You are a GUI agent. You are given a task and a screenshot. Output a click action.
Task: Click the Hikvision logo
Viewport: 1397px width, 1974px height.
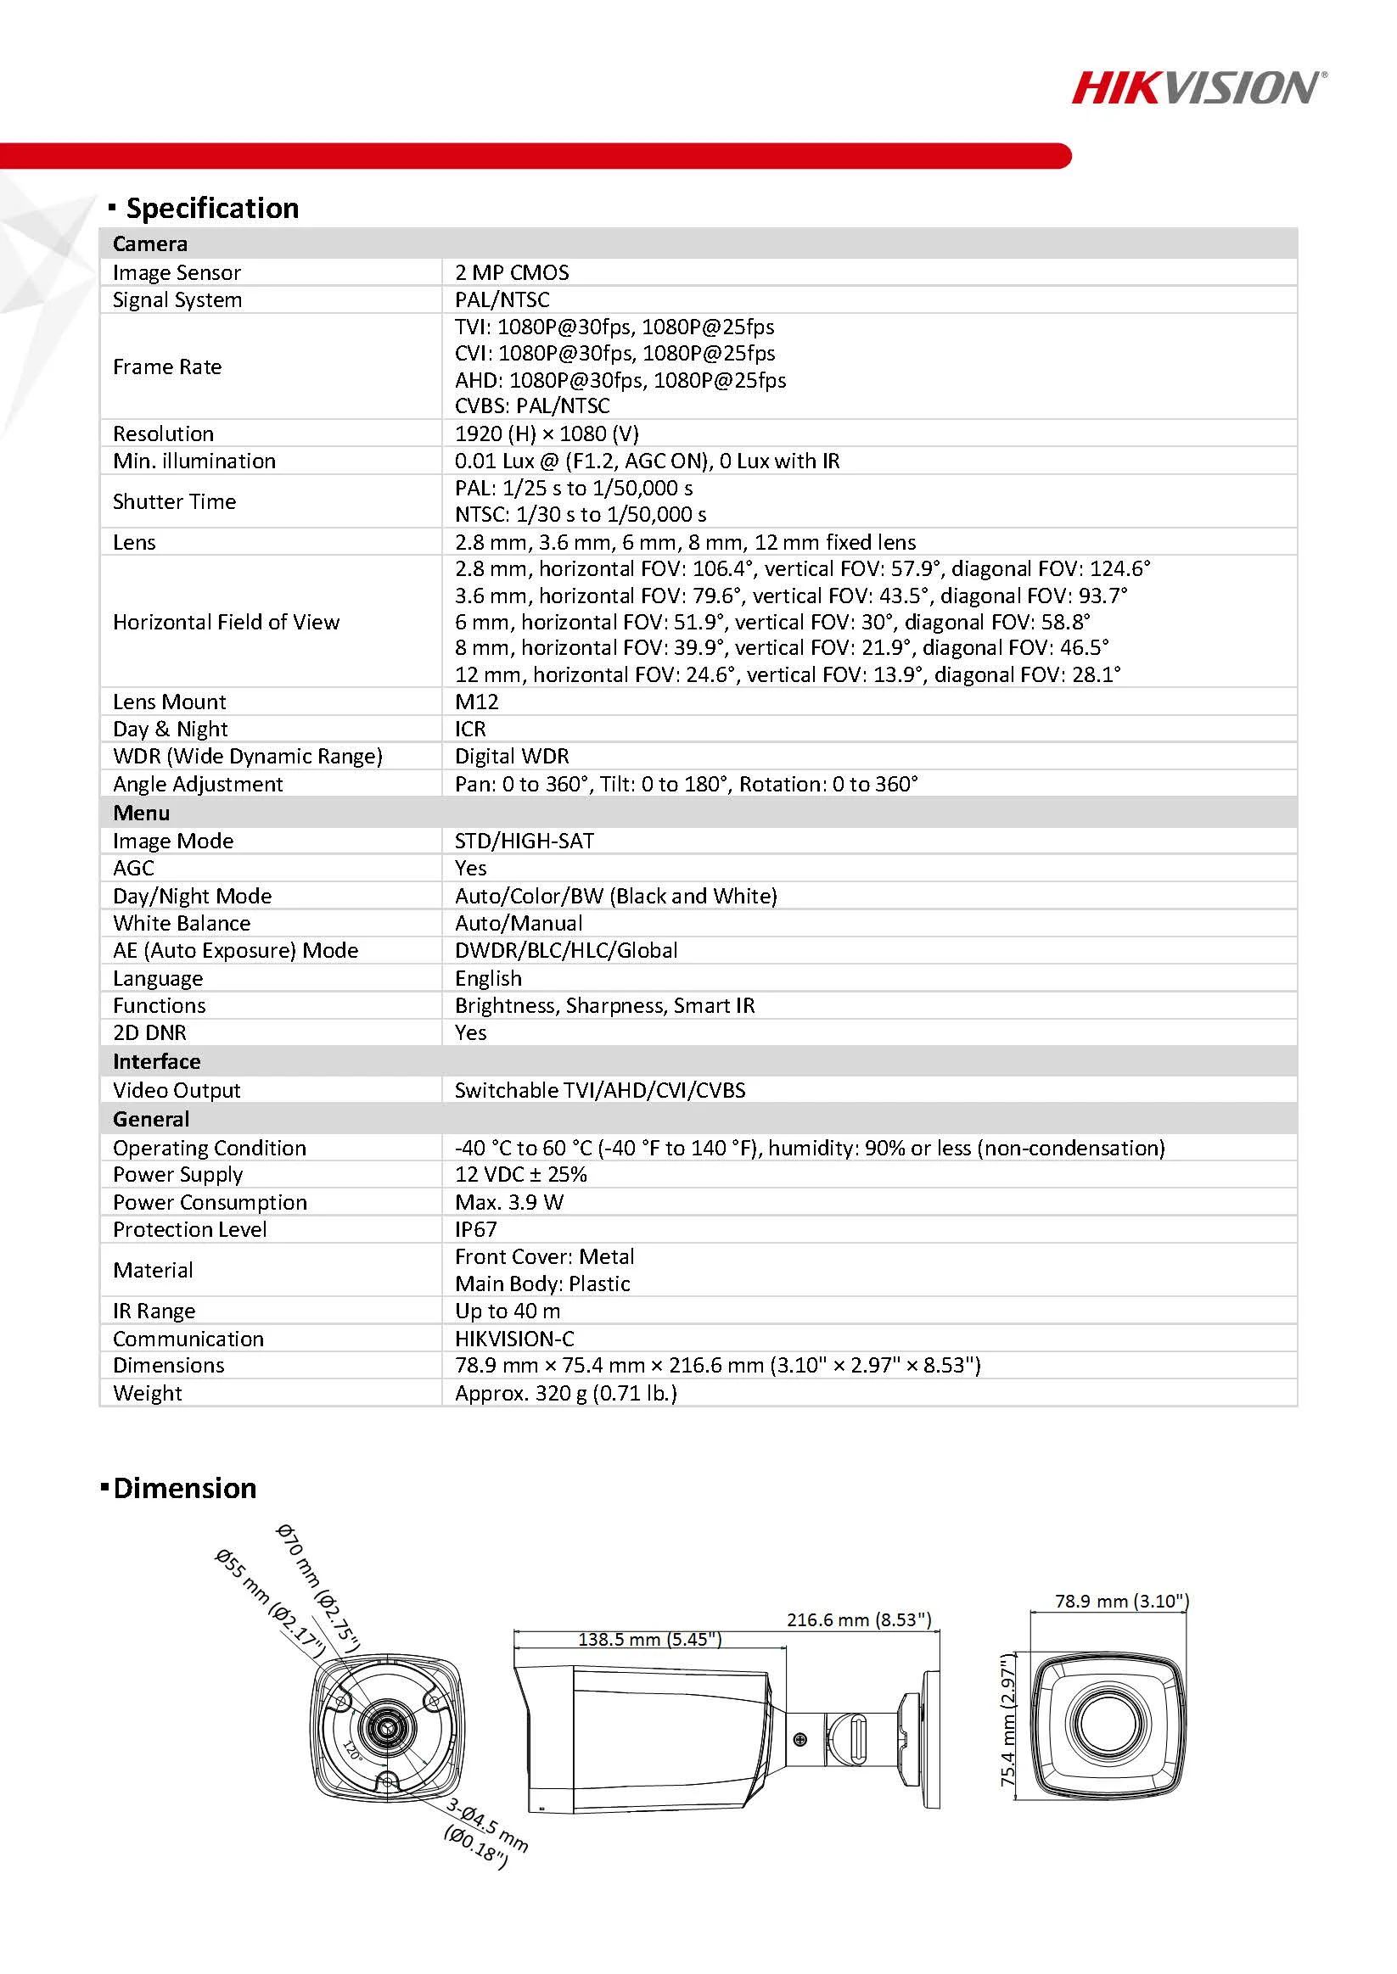(x=1198, y=87)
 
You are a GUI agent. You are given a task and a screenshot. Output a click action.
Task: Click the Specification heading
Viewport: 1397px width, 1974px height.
(x=211, y=208)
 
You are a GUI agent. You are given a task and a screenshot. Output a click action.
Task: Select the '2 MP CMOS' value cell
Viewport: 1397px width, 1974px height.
(x=512, y=272)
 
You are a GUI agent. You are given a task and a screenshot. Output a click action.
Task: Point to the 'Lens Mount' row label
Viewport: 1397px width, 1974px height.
(x=170, y=702)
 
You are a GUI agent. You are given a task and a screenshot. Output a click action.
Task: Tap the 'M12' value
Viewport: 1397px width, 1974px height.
(x=477, y=702)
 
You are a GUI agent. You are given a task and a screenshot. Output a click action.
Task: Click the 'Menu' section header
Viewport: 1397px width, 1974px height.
(x=141, y=813)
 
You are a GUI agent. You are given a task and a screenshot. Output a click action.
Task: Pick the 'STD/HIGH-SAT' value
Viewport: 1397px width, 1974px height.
(x=525, y=841)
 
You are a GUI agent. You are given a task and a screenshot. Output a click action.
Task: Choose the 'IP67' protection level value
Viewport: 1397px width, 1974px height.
(x=475, y=1229)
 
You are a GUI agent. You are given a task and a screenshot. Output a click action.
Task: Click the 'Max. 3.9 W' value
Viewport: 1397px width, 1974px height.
(x=509, y=1202)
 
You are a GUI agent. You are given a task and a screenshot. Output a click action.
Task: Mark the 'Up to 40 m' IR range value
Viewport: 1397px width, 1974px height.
(x=508, y=1311)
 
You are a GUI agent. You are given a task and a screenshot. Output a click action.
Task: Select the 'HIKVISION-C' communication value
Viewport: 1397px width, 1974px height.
(x=514, y=1339)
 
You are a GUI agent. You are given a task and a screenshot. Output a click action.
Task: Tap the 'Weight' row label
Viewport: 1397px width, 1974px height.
(x=147, y=1393)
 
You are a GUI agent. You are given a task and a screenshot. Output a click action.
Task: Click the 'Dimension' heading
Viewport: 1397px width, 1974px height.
(x=184, y=1488)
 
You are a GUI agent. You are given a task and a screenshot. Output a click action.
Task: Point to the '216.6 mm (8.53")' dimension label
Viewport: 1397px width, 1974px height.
(x=859, y=1619)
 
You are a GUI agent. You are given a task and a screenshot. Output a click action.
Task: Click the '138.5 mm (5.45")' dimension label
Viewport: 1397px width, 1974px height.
(x=649, y=1639)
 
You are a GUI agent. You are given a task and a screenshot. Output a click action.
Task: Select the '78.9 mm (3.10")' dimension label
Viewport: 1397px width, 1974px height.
(x=1122, y=1601)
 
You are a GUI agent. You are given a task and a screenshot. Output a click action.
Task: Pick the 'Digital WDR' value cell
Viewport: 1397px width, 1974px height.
(x=512, y=757)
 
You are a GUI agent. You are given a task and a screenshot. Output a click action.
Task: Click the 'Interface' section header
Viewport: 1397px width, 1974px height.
(x=156, y=1061)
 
